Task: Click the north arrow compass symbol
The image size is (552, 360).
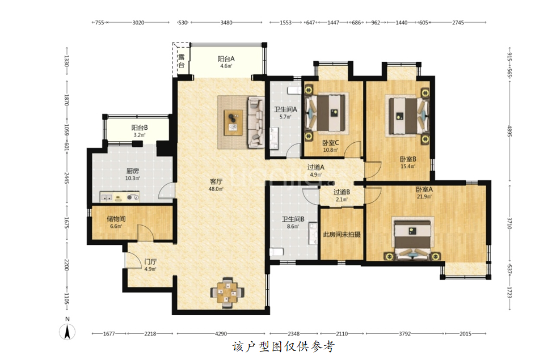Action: click(67, 331)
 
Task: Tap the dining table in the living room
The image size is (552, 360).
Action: click(227, 293)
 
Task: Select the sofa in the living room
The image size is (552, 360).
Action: click(256, 122)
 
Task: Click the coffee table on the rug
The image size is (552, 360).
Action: click(233, 122)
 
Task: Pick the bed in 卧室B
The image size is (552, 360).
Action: click(407, 116)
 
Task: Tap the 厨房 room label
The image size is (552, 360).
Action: click(132, 171)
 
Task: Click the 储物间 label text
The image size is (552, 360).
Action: click(116, 219)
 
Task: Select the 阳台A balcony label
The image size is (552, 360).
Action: click(226, 59)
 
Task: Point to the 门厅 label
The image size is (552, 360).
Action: click(150, 262)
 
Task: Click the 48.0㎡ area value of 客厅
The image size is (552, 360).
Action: click(216, 189)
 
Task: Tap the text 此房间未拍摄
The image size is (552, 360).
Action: click(342, 234)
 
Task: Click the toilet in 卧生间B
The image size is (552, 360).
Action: click(277, 252)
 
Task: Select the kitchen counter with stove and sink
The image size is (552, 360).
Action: click(120, 197)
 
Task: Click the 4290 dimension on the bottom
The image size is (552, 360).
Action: click(221, 333)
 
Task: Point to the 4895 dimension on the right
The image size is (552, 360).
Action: click(509, 131)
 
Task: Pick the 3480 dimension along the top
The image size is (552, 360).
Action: click(226, 23)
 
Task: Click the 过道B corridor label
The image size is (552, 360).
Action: click(342, 192)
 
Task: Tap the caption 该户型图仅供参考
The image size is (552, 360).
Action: click(283, 347)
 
